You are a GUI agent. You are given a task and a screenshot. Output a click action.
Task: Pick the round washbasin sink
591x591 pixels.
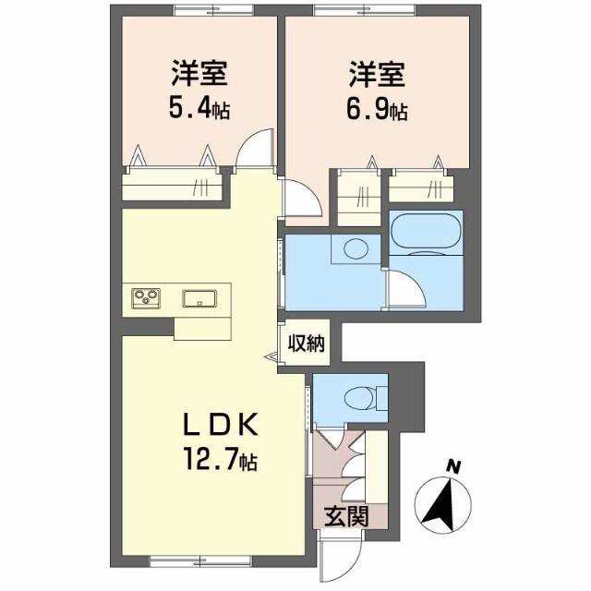[x=356, y=247]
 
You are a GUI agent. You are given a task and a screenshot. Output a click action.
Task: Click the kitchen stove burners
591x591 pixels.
[x=144, y=297]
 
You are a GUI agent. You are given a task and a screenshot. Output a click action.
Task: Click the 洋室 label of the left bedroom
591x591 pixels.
[x=199, y=72]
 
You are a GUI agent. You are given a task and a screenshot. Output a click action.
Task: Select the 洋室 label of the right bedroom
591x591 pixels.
[x=378, y=72]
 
